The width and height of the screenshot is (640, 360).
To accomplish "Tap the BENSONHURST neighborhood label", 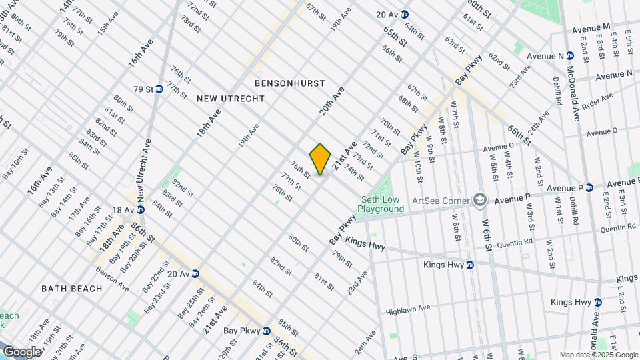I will pos(289,83).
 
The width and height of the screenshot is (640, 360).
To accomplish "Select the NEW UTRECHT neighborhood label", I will pos(231,99).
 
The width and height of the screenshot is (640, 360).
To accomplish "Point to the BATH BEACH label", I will pos(72,289).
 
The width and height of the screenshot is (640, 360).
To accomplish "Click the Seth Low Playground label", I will pos(381,204).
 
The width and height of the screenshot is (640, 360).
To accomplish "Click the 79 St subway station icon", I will pos(159,89).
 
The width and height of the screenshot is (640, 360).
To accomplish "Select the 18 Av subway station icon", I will pos(141,210).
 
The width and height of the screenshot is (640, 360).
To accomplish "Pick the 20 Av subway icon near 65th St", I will pos(404,14).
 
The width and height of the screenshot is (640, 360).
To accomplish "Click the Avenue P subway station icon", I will pos(589,188).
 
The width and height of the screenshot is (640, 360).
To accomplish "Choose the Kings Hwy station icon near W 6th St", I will pos(469,265).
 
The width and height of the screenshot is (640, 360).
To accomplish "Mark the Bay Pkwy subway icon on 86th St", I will pos(266,330).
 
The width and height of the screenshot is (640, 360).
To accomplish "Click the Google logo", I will pos(21,351).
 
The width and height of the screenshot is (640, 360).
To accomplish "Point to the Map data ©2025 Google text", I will pos(597,355).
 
